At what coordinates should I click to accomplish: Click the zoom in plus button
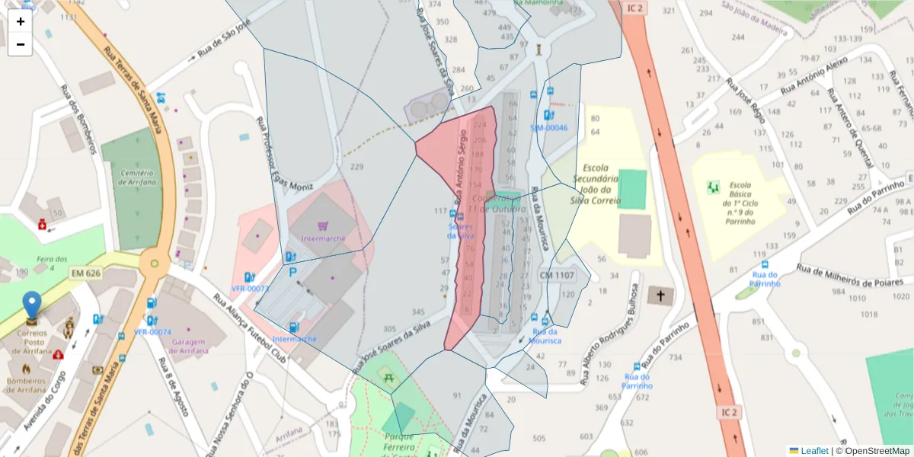(21, 21)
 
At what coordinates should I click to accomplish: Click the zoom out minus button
(21, 44)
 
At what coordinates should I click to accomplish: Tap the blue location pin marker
(31, 305)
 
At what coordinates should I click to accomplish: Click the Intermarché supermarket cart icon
(323, 225)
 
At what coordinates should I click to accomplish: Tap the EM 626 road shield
(86, 273)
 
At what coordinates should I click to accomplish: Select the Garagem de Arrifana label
(195, 347)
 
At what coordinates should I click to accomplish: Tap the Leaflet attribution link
(814, 451)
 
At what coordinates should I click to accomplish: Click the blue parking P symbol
(292, 272)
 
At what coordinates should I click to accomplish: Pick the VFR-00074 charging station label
(152, 332)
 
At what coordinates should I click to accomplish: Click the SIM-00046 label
(549, 128)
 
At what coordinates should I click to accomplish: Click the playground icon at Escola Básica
(714, 187)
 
